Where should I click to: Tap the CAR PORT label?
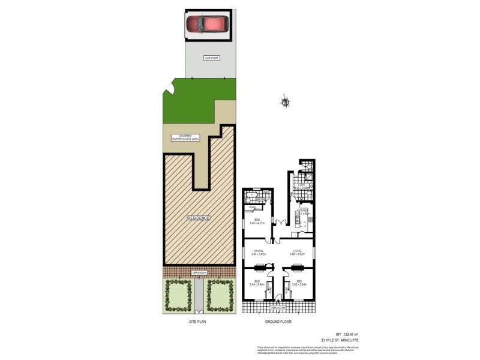211,58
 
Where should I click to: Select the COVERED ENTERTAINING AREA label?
185,137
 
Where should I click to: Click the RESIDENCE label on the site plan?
198,218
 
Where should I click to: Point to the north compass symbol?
286,103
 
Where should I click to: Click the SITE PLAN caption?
198,322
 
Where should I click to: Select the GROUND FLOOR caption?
278,322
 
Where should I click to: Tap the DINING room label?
259,252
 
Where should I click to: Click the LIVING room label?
296,252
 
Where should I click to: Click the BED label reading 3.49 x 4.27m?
257,221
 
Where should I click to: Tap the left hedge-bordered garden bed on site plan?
178,296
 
